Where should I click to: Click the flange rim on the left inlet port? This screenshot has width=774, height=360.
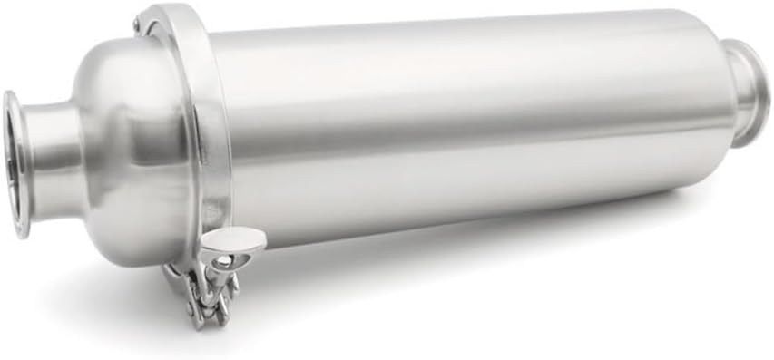click(x=13, y=163)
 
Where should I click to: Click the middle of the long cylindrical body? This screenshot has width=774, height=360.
click(x=454, y=127)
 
